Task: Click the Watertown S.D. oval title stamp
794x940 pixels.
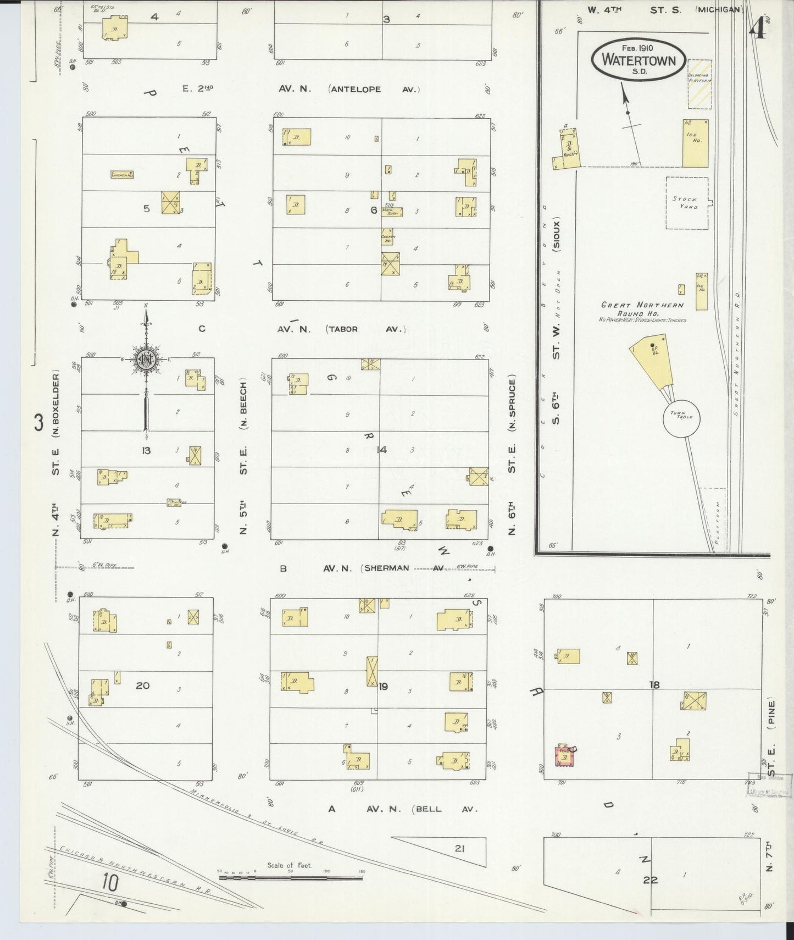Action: [x=638, y=59]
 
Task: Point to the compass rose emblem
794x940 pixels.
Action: [x=147, y=360]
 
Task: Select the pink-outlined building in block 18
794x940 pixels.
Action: [x=564, y=756]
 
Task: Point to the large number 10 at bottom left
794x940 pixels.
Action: [x=110, y=883]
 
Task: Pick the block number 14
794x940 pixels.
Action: [x=381, y=450]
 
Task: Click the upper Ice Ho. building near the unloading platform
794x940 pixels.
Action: [x=695, y=143]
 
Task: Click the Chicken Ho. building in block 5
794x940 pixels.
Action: [x=122, y=175]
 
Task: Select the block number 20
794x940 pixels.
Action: [x=142, y=685]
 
